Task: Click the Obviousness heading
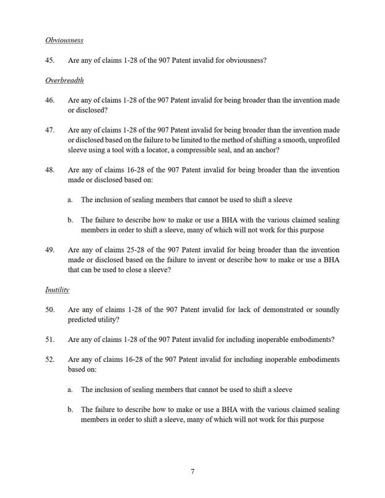coord(64,41)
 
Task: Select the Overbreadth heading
coord(64,81)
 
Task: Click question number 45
coord(51,60)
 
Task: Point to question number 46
coord(51,100)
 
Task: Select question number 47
coord(51,130)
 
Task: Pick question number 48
coord(51,170)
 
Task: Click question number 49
coord(51,250)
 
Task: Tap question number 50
coord(51,309)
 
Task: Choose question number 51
coord(51,340)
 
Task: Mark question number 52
coord(51,359)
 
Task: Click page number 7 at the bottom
coord(192,472)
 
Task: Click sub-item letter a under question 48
coord(70,200)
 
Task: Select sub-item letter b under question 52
coord(70,409)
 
